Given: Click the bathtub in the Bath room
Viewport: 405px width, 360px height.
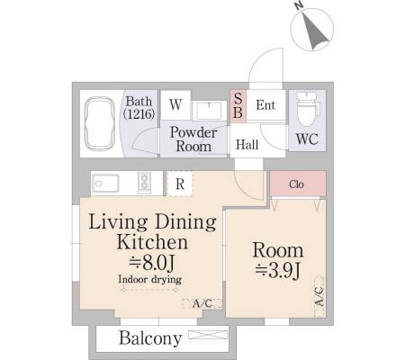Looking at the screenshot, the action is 99,123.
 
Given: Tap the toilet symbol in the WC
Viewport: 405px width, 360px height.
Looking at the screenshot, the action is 307,109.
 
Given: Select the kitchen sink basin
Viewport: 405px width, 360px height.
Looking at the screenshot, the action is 105,183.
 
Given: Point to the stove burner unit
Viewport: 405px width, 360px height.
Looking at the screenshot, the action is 144,183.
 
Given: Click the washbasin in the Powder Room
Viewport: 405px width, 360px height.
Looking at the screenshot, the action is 209,111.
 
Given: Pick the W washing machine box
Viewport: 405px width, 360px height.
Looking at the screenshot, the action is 175,105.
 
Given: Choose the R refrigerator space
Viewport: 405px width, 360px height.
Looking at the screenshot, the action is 180,184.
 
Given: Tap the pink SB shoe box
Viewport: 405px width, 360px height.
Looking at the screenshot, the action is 238,106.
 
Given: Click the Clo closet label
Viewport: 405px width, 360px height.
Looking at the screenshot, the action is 296,184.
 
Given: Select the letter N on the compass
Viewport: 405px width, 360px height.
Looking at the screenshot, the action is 298,5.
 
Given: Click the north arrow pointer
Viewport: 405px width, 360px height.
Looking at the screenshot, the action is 313,31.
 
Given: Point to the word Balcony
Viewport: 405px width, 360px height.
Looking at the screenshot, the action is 150,338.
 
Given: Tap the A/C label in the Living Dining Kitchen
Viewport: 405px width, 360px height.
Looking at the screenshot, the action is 202,303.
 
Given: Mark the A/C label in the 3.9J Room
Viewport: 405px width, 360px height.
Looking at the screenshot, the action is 319,296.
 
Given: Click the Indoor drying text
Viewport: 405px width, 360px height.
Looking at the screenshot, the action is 149,279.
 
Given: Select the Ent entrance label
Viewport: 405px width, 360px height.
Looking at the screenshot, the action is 265,105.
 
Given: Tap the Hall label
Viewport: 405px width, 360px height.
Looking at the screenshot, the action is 247,145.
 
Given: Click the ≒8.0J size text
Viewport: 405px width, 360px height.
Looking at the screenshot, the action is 151,263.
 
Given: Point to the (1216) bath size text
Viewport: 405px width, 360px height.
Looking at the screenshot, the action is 139,114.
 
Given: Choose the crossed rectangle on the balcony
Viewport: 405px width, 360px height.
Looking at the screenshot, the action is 208,335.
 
